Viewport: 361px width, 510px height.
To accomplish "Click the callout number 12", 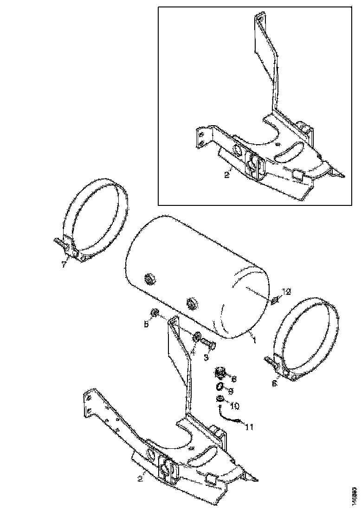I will (x=286, y=292).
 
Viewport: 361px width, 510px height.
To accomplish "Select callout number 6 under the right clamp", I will (x=274, y=383).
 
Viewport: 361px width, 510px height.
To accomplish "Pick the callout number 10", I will (x=234, y=406).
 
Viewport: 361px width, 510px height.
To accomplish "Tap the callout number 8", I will (x=234, y=379).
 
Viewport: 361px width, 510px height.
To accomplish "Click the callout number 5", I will (x=146, y=325).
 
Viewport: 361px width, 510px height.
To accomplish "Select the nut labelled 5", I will (x=156, y=313).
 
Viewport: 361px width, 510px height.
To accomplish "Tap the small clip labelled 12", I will (x=274, y=302).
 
